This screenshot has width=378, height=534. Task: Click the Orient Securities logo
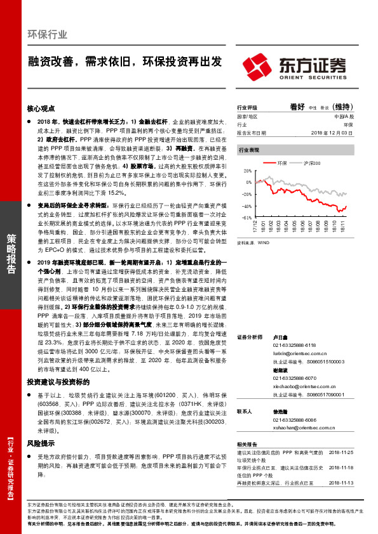(x=295, y=66)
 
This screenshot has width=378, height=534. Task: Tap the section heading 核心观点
(x=44, y=108)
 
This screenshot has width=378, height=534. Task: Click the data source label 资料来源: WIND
(x=253, y=242)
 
